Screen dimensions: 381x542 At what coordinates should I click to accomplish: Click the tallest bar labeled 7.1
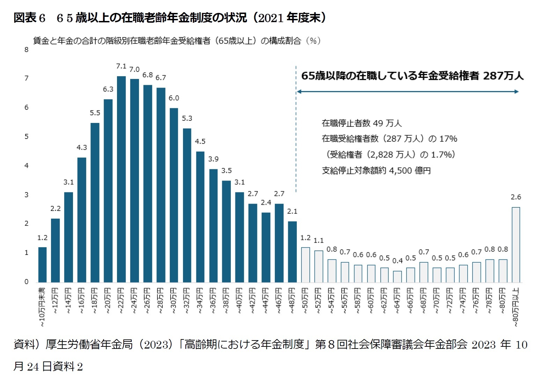coord(121,179)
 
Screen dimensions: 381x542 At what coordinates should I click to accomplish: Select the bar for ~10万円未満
coord(42,264)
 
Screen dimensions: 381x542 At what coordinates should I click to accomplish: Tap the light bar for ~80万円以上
coord(516,244)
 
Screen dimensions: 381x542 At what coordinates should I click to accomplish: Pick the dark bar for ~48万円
coord(292,251)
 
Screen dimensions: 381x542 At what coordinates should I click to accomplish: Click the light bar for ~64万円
coord(397,276)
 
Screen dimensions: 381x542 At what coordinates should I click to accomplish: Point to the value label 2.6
coord(516,197)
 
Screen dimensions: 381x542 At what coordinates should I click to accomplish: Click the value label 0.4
coord(397,261)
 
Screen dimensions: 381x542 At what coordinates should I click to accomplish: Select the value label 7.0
coord(134,69)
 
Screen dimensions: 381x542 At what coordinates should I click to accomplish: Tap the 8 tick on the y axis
coord(27,50)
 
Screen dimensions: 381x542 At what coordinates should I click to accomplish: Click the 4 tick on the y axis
coord(27,166)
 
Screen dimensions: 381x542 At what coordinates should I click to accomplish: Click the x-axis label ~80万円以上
coord(516,307)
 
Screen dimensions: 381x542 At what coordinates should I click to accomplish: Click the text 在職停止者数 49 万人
coord(361,123)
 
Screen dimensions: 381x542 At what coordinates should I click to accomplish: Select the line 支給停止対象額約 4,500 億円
coord(376,171)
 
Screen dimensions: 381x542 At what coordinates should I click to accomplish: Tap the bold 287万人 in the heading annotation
coord(503,76)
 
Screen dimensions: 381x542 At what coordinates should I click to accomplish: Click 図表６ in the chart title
coord(30,18)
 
